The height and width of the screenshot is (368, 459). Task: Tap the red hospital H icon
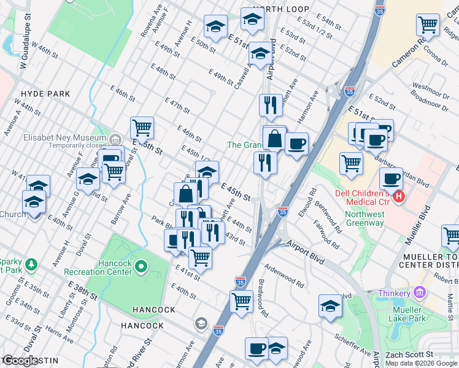point(399,196)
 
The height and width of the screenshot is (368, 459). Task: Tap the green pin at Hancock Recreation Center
point(142,267)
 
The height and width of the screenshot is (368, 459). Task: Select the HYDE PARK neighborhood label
point(45,94)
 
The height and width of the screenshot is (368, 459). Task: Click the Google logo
point(20,361)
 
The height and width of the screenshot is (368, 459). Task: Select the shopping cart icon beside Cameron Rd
point(428,26)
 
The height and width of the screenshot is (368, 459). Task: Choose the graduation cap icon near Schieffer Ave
point(330,307)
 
